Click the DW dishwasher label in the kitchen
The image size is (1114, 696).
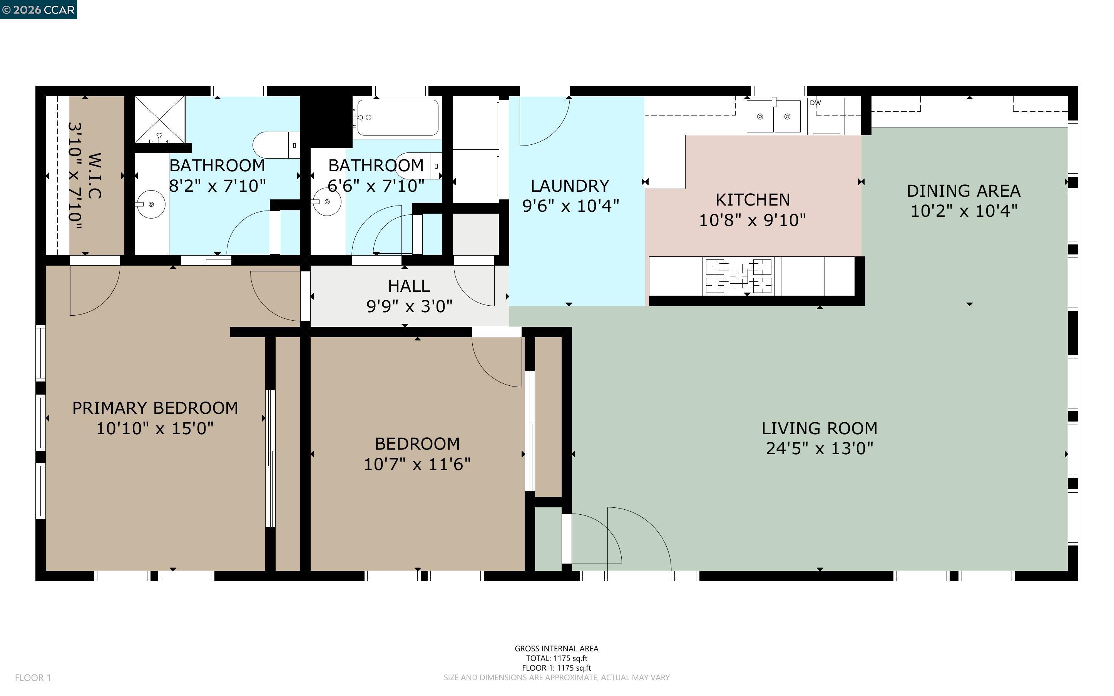[x=815, y=103]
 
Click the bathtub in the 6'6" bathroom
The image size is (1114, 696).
[x=398, y=117]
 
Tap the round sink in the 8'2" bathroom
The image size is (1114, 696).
[x=151, y=204]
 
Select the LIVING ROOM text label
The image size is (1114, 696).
[x=819, y=428]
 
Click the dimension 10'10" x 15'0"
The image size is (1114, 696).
[x=155, y=428]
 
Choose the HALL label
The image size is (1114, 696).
[x=408, y=286]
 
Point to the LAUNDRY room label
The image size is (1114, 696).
[x=570, y=186]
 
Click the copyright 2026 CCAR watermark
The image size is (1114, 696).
[x=38, y=10]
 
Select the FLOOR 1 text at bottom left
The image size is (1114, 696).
[x=33, y=678]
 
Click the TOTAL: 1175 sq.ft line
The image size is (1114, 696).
[x=556, y=658]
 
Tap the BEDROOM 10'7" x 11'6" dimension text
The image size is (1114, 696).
[x=417, y=464]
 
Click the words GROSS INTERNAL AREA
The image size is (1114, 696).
[x=556, y=649]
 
